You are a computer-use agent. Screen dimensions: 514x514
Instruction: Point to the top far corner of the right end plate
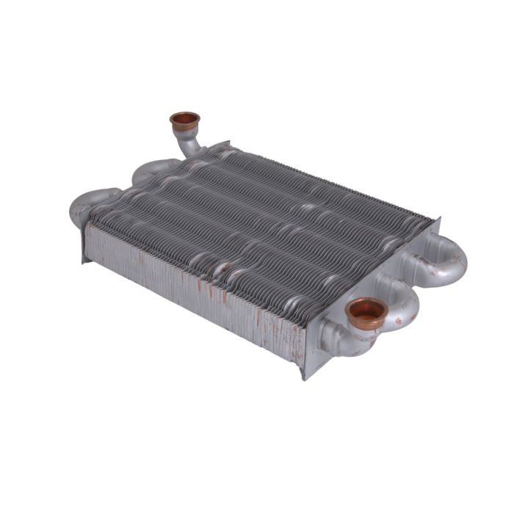point(438,219)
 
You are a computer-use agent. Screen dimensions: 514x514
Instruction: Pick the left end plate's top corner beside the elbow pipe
point(227,143)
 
